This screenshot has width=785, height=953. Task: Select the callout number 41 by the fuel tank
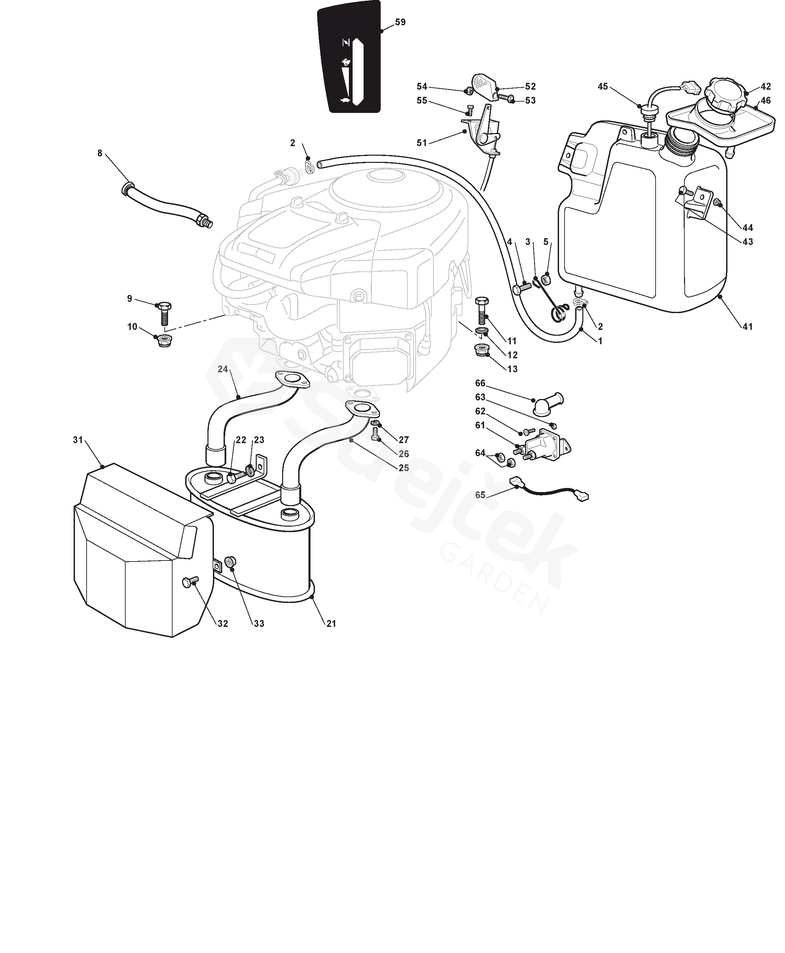[747, 326]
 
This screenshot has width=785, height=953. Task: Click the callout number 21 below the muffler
[331, 623]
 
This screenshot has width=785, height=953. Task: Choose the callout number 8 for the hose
[100, 153]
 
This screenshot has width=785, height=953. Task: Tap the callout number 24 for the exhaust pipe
[223, 369]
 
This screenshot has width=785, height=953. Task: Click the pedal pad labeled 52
[483, 86]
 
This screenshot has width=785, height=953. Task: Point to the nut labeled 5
[546, 279]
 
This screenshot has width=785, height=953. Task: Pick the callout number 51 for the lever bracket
[421, 143]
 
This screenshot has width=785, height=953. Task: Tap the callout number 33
[259, 623]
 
